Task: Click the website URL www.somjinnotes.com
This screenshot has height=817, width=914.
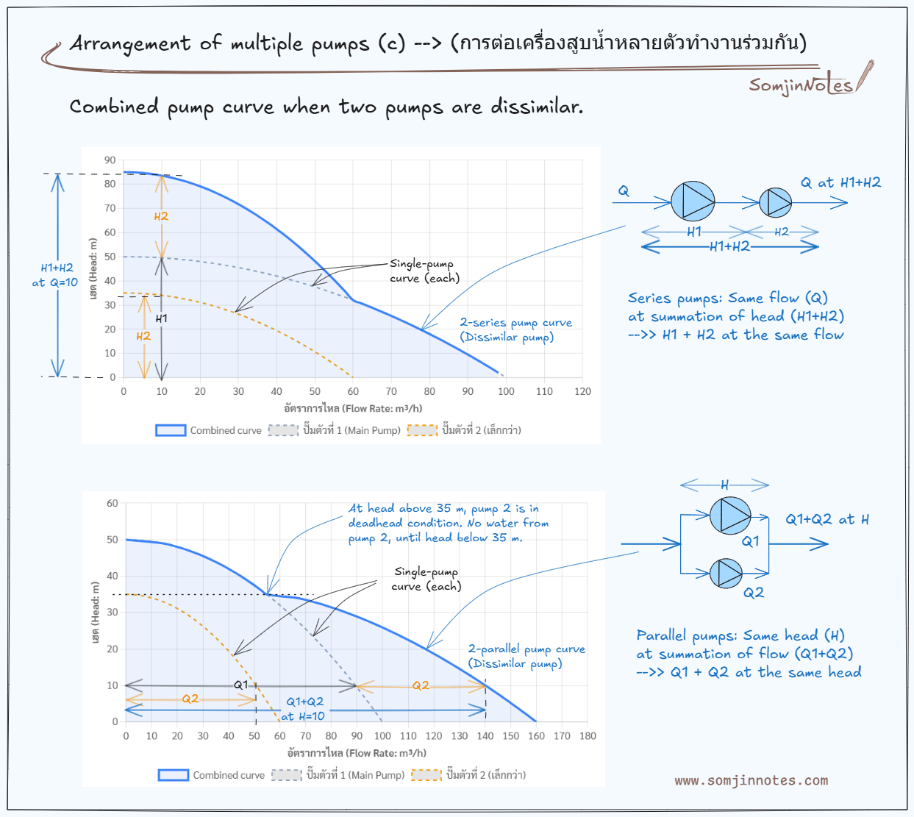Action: point(751,780)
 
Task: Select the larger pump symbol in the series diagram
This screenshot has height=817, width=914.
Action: point(693,201)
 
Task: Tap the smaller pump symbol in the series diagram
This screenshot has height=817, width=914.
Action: point(775,202)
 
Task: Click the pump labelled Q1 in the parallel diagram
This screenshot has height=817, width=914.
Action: point(730,515)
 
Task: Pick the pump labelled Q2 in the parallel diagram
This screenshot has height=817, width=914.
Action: point(726,573)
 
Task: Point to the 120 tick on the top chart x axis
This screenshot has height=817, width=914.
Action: point(582,391)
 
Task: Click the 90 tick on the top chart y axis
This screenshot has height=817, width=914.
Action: point(110,160)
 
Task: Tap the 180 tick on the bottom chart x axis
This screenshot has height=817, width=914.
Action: point(588,735)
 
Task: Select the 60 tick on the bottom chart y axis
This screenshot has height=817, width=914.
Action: point(112,504)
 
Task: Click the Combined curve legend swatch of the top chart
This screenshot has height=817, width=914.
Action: point(171,430)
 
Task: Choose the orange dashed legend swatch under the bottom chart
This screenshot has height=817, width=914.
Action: point(426,774)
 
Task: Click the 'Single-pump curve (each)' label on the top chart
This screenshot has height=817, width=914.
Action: point(424,271)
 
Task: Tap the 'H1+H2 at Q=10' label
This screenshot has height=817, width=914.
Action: point(55,275)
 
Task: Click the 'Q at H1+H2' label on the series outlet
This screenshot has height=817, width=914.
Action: point(840,182)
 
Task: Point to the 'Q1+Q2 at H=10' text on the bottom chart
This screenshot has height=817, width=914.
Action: point(304,709)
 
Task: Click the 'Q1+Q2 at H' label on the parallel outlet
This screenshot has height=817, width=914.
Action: point(827,519)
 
